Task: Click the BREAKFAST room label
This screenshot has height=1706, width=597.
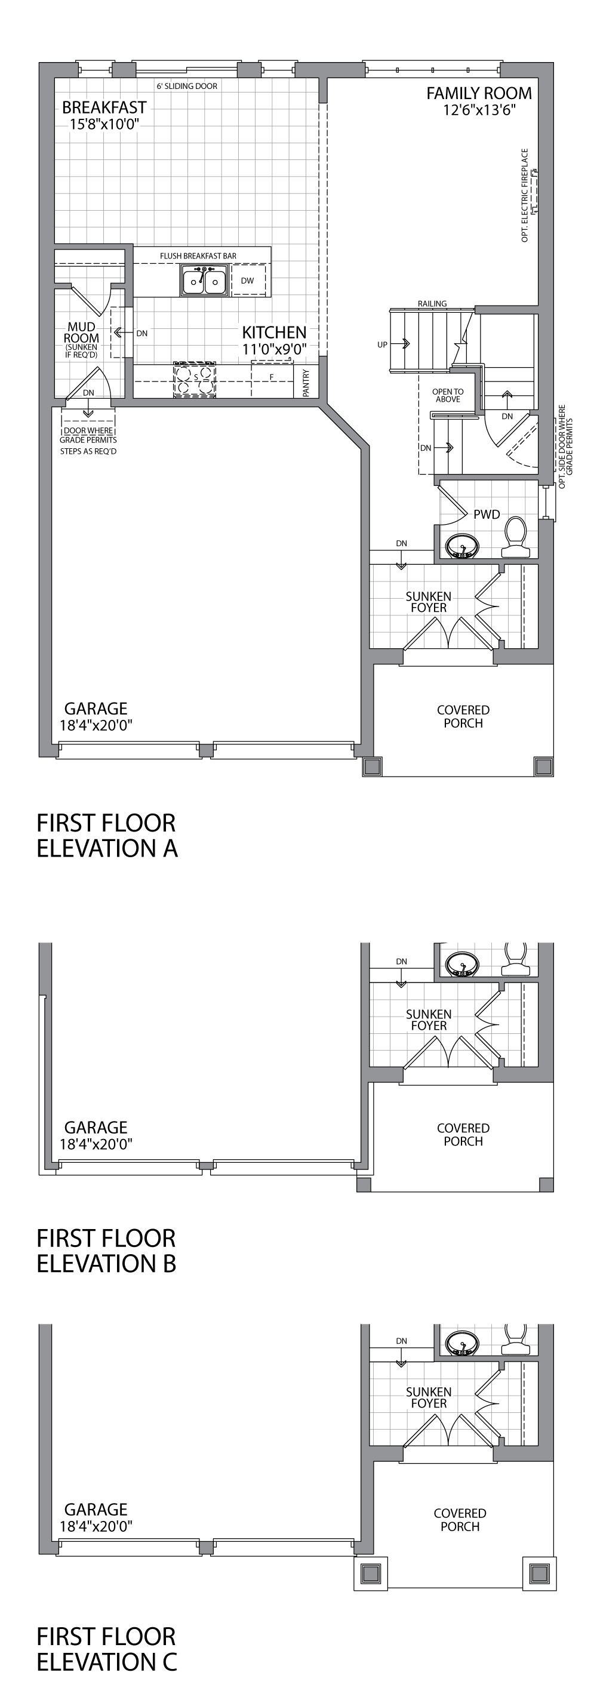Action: (104, 107)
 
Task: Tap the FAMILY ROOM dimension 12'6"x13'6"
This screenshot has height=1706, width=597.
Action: (479, 110)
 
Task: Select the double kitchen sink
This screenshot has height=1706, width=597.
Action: (204, 281)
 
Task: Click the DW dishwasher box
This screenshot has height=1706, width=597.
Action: (248, 281)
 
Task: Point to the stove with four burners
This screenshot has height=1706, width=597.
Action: (195, 379)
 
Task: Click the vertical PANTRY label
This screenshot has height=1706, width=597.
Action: (306, 383)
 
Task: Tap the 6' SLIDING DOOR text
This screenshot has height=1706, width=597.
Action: (187, 86)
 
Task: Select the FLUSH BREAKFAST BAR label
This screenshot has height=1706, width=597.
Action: (198, 255)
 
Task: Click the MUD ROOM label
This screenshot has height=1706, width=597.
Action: (82, 332)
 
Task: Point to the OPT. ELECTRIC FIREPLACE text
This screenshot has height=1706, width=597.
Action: (525, 195)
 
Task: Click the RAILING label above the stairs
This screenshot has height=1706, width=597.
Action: (432, 303)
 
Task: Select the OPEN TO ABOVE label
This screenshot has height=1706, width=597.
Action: (448, 395)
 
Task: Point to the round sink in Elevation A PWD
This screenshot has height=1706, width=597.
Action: (462, 547)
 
